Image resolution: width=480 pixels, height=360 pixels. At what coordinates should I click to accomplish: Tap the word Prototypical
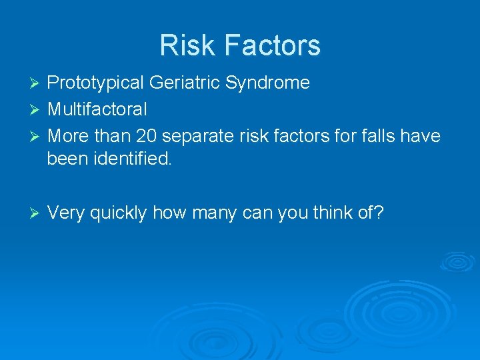96,83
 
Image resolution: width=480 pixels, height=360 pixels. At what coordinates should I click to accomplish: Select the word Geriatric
186,83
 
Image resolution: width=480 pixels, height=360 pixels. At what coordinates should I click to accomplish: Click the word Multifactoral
97,109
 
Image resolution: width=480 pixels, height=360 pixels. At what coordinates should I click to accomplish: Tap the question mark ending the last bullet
378,213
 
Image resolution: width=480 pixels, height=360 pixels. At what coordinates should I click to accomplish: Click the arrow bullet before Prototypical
37,83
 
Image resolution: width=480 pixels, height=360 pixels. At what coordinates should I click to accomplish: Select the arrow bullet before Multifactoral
37,109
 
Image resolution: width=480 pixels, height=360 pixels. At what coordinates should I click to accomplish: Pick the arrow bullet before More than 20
37,137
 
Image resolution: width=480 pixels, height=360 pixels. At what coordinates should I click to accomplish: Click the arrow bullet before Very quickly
37,213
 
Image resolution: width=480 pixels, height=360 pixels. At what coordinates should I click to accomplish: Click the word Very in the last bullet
66,213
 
